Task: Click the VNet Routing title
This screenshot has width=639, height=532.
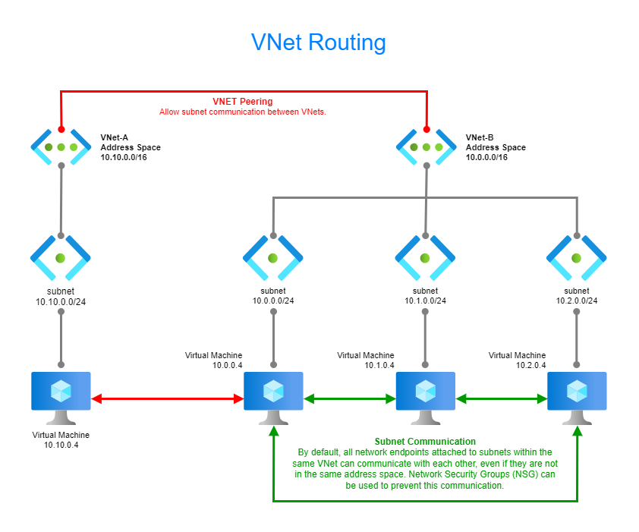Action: pyautogui.click(x=319, y=42)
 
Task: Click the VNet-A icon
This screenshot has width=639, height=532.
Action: pyautogui.click(x=61, y=146)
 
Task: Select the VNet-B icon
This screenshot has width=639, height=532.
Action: pyautogui.click(x=426, y=146)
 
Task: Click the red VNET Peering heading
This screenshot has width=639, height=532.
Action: pyautogui.click(x=242, y=101)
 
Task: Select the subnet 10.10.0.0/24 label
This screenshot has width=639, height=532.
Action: pyautogui.click(x=61, y=296)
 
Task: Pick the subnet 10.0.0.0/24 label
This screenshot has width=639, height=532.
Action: pyautogui.click(x=273, y=296)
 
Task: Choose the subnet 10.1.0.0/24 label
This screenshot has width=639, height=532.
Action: pyautogui.click(x=425, y=296)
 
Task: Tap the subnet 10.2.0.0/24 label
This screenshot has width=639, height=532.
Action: pyautogui.click(x=577, y=296)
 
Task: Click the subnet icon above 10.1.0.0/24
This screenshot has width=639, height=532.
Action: pyautogui.click(x=425, y=258)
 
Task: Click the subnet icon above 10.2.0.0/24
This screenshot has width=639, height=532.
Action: pyautogui.click(x=577, y=258)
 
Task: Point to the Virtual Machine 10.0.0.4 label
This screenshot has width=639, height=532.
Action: pyautogui.click(x=214, y=360)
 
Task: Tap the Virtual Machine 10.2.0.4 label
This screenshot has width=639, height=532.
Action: pyautogui.click(x=518, y=360)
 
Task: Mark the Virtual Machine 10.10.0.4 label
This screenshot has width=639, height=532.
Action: pyautogui.click(x=61, y=441)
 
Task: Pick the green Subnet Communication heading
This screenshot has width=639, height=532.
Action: pyautogui.click(x=425, y=442)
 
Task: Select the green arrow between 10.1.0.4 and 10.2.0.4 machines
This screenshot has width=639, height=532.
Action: pyautogui.click(x=501, y=398)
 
